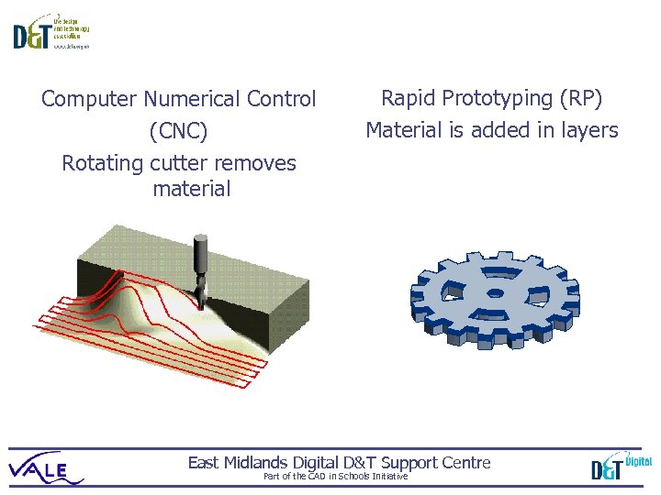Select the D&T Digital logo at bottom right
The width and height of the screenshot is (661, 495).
(621, 466)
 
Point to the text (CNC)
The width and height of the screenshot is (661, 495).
(179, 132)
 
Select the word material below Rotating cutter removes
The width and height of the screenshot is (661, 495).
(192, 190)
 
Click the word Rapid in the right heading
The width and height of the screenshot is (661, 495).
(408, 98)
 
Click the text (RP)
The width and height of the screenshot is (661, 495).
(582, 98)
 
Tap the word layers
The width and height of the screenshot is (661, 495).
(588, 131)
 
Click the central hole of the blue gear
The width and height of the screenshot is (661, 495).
(495, 294)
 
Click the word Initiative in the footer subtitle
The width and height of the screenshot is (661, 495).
(388, 477)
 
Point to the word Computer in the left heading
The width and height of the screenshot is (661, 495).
(88, 98)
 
